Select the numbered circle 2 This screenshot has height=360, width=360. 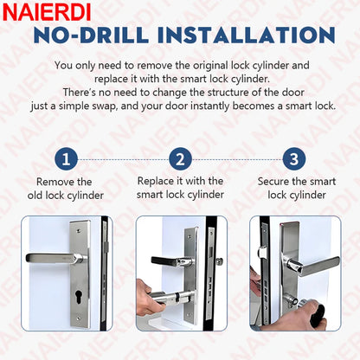[179, 159]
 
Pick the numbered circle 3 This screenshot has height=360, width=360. [292, 159]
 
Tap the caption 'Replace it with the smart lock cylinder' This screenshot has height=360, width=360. [179, 188]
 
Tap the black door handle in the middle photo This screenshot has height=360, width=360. [170, 260]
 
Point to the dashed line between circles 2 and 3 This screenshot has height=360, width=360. [235, 159]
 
